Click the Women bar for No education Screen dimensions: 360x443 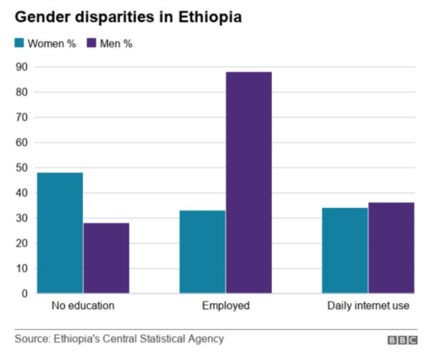click(x=60, y=232)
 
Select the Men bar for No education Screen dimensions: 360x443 click(x=106, y=258)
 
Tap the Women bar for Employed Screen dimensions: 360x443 click(x=202, y=251)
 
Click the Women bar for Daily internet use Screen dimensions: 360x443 click(x=345, y=250)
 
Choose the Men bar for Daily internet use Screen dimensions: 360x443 click(x=391, y=248)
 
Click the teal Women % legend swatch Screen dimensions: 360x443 click(x=19, y=43)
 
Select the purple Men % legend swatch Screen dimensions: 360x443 click(x=91, y=43)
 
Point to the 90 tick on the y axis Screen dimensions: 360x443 click(x=22, y=67)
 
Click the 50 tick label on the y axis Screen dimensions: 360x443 click(x=22, y=168)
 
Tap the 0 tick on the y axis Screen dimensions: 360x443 click(x=25, y=294)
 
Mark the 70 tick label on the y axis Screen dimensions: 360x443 click(x=22, y=117)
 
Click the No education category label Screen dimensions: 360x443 click(x=83, y=306)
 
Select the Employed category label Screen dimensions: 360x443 click(x=226, y=306)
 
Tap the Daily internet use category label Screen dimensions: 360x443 click(x=368, y=306)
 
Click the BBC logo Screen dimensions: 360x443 click(x=403, y=340)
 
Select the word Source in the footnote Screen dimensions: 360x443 click(x=32, y=339)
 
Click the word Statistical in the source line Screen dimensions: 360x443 click(x=161, y=339)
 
